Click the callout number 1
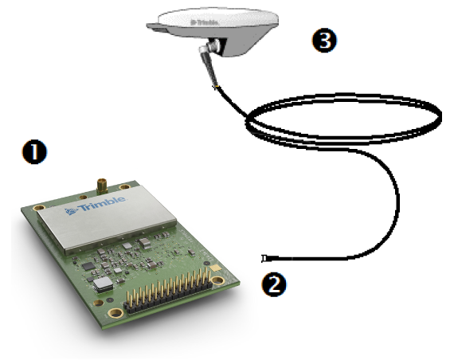tap(34, 152)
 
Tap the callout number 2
tap(274, 284)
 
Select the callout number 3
tap(325, 41)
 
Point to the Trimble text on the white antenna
tap(205, 22)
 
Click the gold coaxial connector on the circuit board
tap(102, 186)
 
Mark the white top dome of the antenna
tap(218, 19)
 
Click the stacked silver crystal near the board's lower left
tap(103, 284)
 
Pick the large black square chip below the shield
tap(88, 267)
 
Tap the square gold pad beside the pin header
tap(215, 268)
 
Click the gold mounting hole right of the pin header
tap(217, 280)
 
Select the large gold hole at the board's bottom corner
tap(115, 313)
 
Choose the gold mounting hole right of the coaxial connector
tap(125, 187)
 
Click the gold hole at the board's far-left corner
tap(38, 207)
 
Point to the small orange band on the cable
tap(217, 86)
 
